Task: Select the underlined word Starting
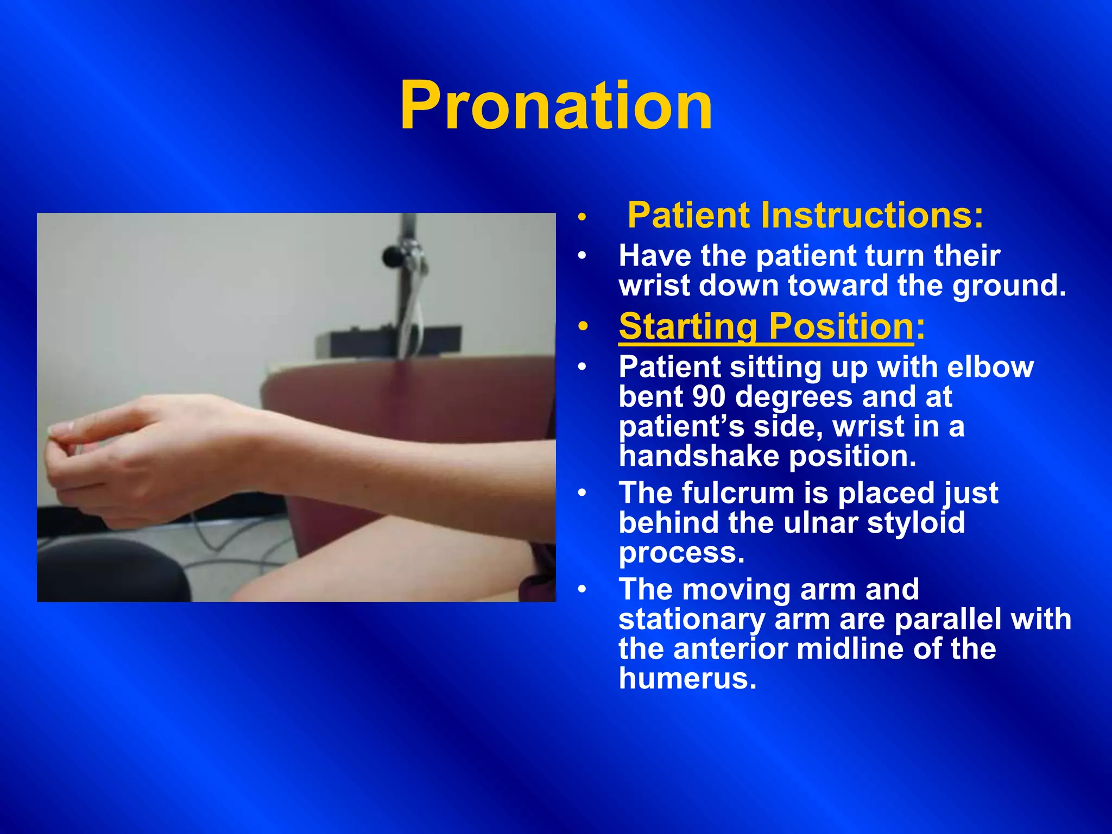point(688,327)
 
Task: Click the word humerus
point(687,679)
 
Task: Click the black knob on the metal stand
point(390,255)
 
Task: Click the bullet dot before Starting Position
point(583,327)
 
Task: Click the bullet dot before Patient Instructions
point(583,218)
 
